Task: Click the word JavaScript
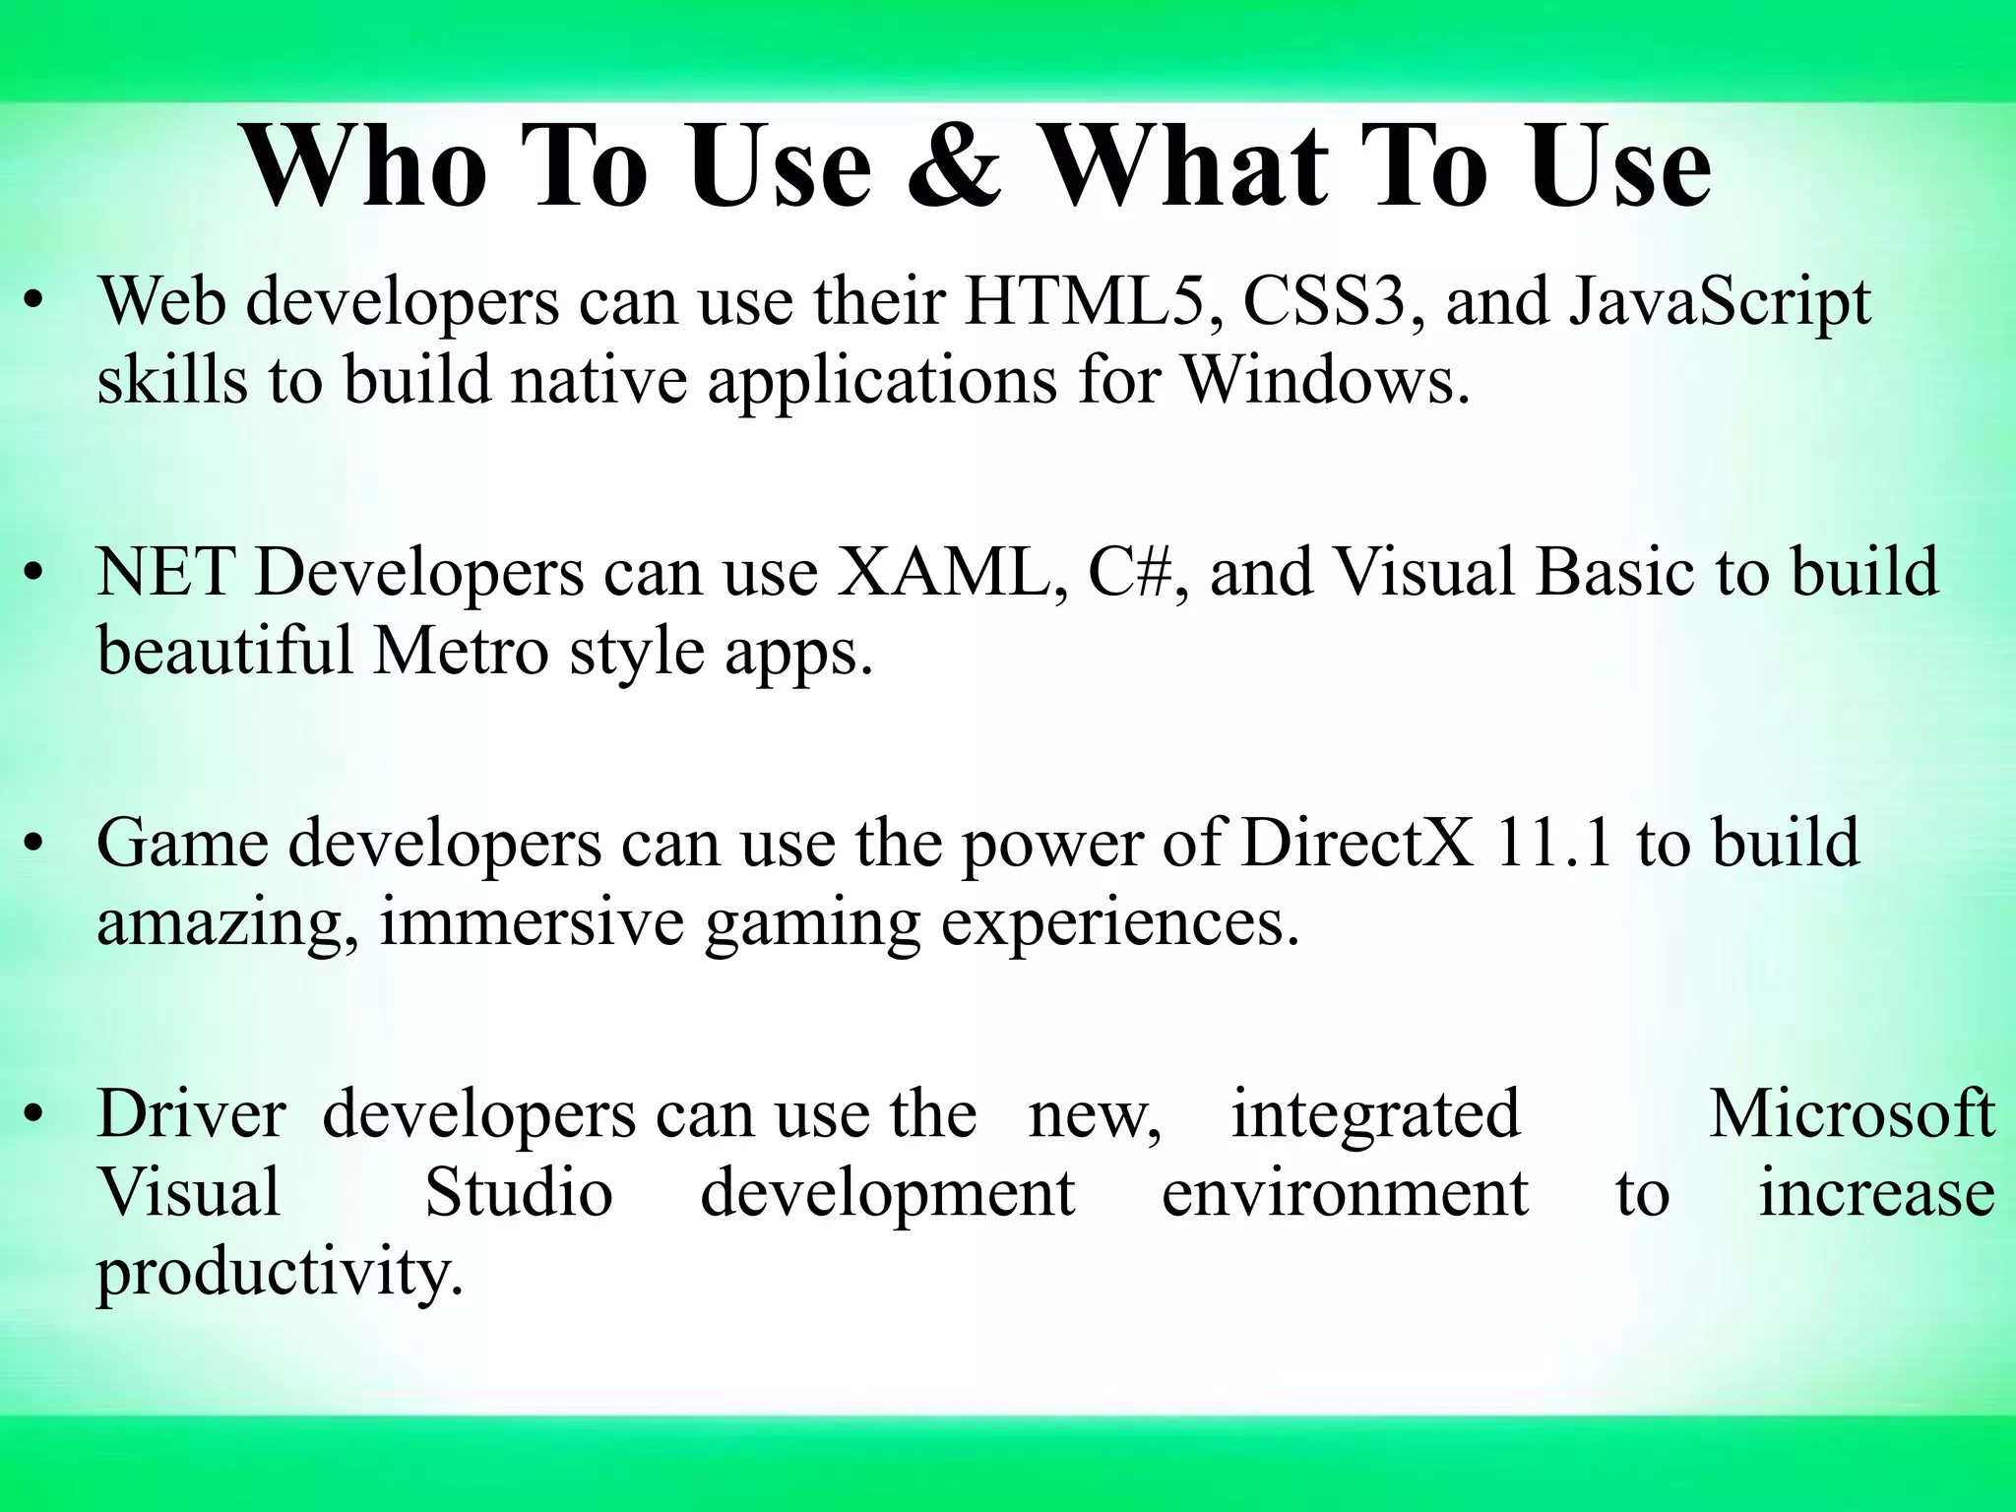(1719, 302)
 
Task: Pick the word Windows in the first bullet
(1324, 379)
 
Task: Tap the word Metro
(460, 651)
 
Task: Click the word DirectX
(1357, 843)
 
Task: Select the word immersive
(532, 922)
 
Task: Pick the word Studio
(519, 1193)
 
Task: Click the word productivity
(279, 1274)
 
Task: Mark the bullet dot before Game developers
(35, 845)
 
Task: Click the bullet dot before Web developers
(35, 303)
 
